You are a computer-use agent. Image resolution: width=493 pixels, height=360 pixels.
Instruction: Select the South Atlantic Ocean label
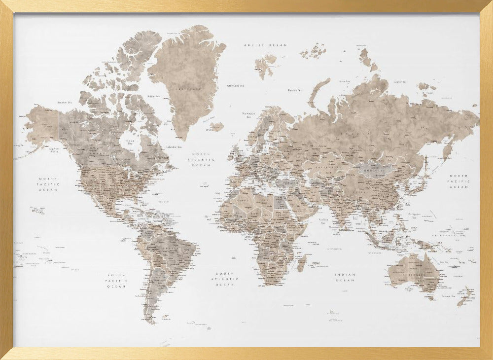(x=227, y=279)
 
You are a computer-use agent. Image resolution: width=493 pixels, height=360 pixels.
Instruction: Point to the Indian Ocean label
(x=345, y=278)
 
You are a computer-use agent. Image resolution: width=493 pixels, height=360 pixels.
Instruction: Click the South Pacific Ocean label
(x=117, y=281)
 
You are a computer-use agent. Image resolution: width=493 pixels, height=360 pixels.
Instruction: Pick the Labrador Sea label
(x=173, y=146)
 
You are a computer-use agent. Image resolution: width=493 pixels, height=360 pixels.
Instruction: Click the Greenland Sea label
(x=235, y=85)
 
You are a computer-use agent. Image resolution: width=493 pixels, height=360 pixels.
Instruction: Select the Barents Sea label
(x=295, y=90)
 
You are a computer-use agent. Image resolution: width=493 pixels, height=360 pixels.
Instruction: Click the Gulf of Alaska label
(x=54, y=149)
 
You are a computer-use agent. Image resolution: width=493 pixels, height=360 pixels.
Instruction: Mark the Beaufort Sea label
(x=65, y=102)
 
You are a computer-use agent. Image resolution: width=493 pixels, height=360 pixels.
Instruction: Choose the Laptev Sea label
(x=400, y=82)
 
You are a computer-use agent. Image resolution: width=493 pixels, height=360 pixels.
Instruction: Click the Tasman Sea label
(x=448, y=295)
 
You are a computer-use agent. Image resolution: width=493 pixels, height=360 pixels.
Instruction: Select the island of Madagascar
(x=301, y=261)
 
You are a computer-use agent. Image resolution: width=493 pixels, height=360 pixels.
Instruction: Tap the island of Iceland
(x=215, y=127)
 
